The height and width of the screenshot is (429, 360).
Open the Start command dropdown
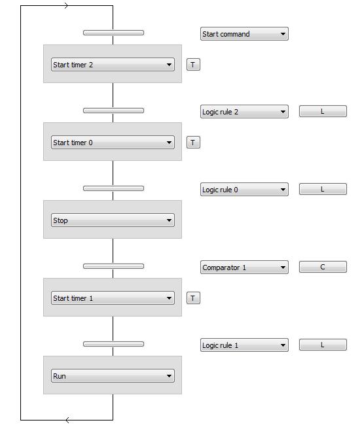[x=244, y=34]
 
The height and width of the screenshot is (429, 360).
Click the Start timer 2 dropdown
[x=113, y=65]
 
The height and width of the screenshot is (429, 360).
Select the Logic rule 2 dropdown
[x=244, y=112]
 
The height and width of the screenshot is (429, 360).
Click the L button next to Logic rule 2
[x=323, y=111]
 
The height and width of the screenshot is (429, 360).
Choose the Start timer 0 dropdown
[x=113, y=143]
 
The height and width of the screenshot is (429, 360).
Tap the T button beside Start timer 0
[x=193, y=143]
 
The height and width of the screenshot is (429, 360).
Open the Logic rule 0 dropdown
[x=244, y=190]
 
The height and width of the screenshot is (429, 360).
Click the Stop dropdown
[x=113, y=220]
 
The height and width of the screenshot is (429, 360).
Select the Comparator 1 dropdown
[x=244, y=267]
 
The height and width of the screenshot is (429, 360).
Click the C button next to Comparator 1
[x=323, y=267]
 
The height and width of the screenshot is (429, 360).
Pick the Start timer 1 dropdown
[x=113, y=298]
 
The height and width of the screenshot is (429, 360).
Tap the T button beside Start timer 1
[x=193, y=298]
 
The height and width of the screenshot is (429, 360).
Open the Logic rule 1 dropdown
[x=244, y=345]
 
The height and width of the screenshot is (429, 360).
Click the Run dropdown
[x=113, y=376]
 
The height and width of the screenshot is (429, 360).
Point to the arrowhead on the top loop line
[x=66, y=5]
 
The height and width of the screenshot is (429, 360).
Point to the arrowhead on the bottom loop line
[x=67, y=420]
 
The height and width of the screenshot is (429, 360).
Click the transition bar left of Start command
[x=113, y=33]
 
